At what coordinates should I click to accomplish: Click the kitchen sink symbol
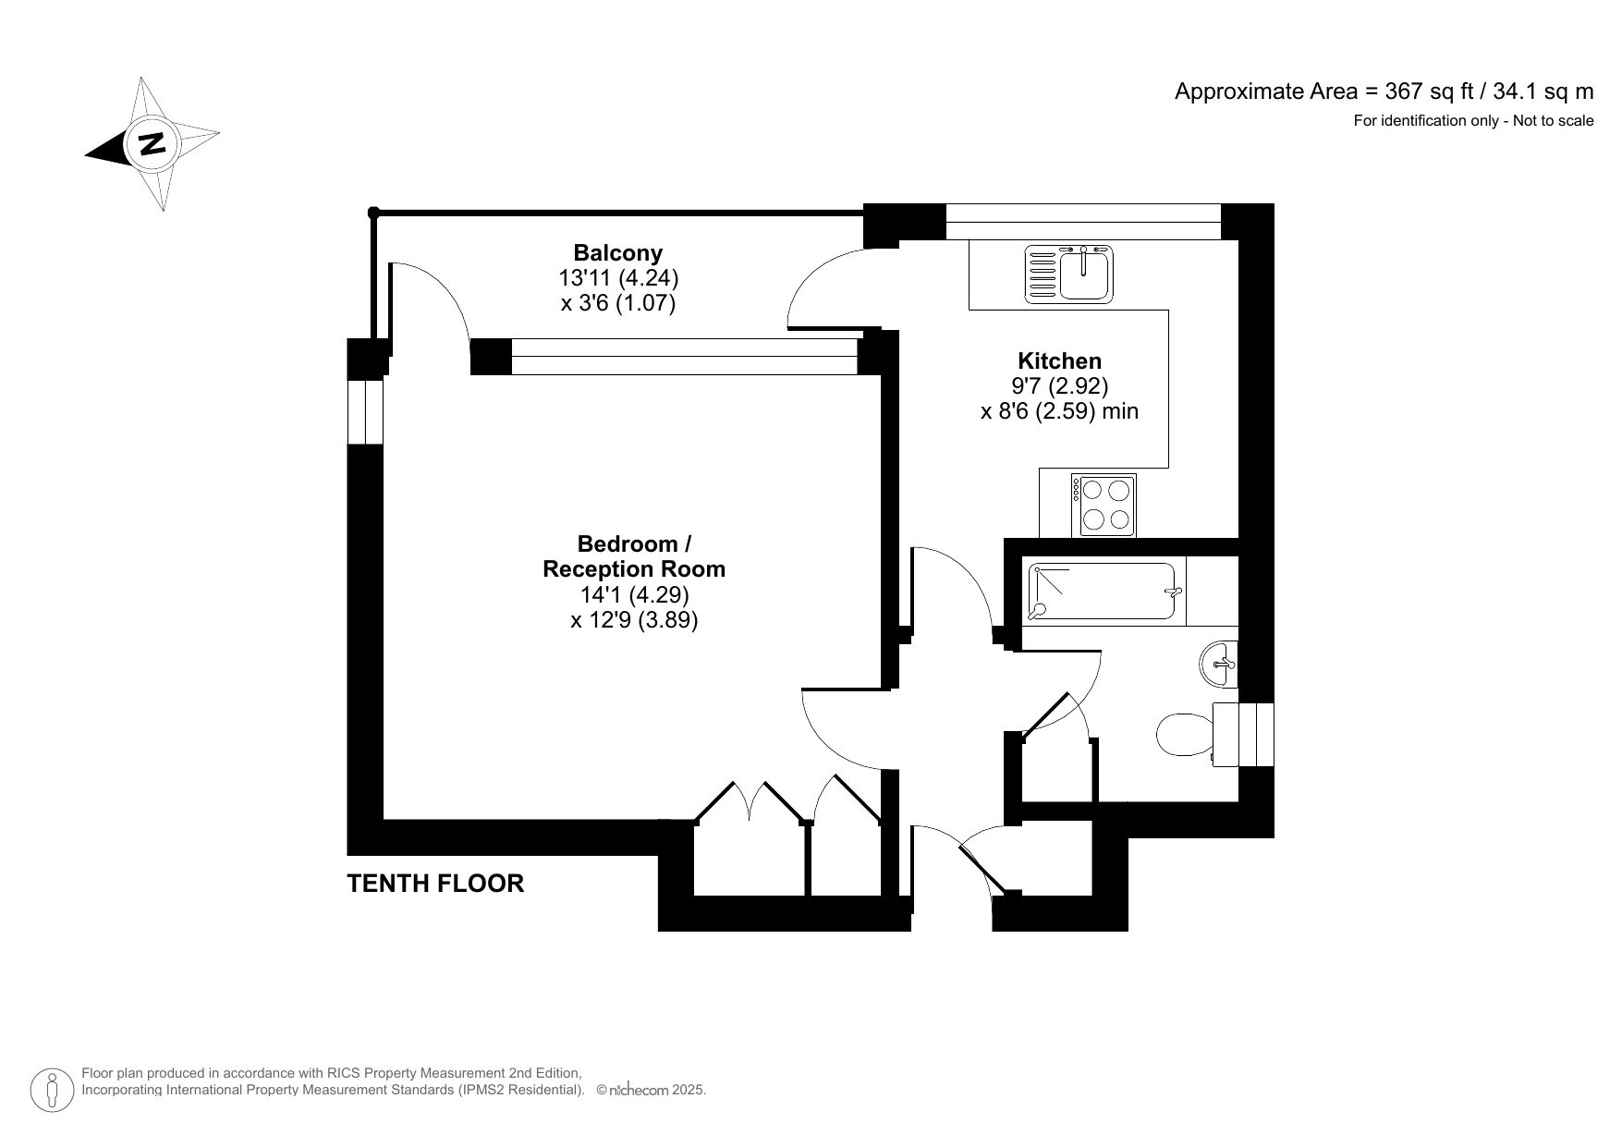[x=1070, y=275]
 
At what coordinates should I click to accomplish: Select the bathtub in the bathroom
[x=1105, y=592]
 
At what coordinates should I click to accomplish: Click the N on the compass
[x=152, y=144]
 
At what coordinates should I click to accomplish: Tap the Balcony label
[x=617, y=252]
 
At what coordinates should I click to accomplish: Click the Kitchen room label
[x=1059, y=360]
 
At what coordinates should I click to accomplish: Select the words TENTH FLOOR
[x=435, y=884]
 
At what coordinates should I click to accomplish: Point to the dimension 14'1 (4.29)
[x=633, y=594]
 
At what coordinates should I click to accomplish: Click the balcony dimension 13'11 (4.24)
[x=618, y=277]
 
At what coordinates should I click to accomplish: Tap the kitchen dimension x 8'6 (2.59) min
[x=1059, y=410]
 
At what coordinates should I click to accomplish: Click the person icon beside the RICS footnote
[x=53, y=1090]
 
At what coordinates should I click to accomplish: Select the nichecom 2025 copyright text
[x=652, y=1090]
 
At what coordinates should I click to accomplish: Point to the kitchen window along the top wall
[x=1083, y=223]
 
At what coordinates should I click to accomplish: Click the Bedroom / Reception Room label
[x=633, y=556]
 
